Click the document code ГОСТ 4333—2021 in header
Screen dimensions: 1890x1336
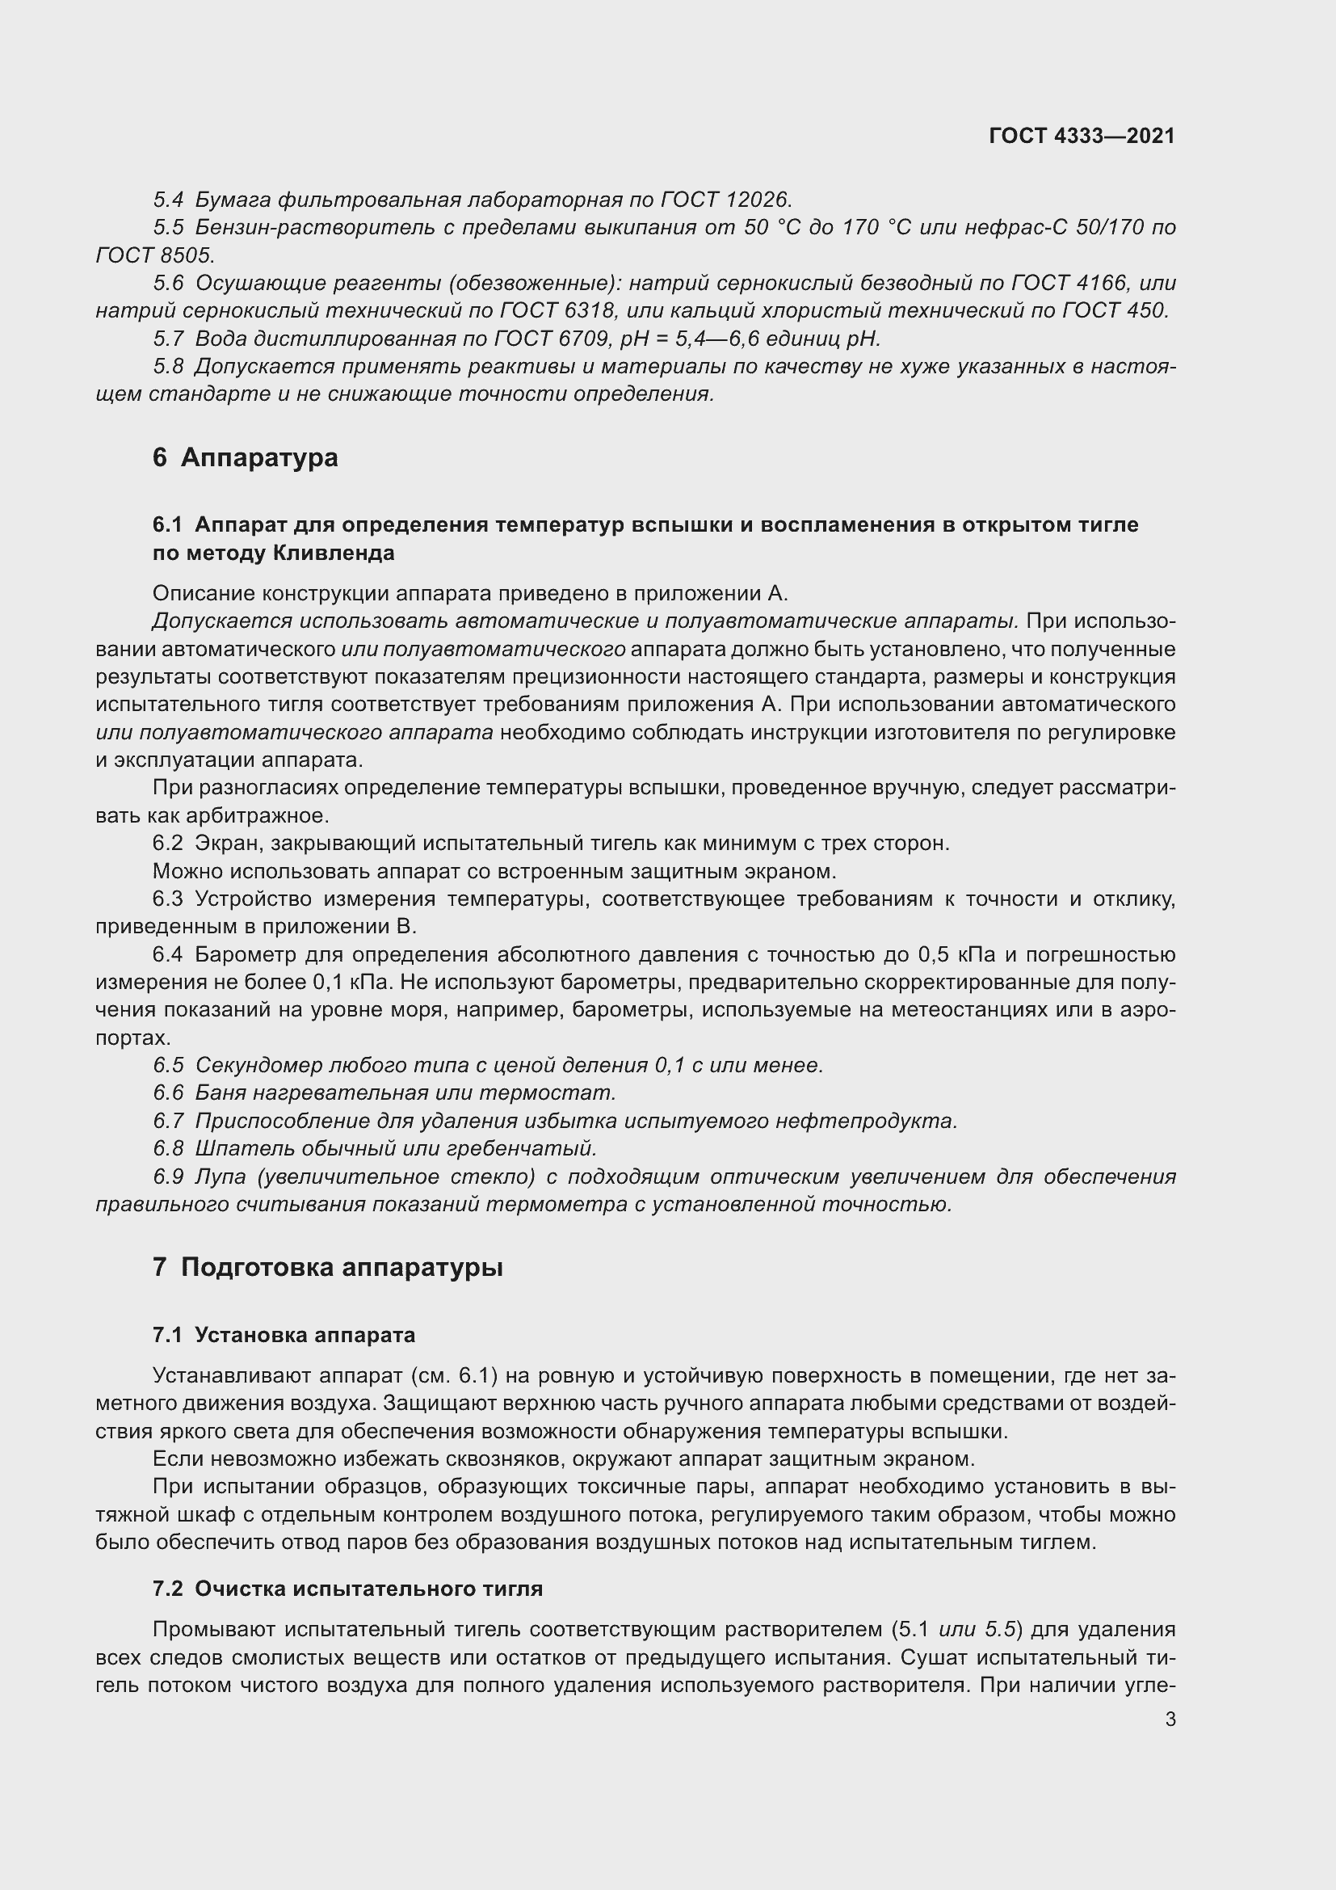click(x=1082, y=136)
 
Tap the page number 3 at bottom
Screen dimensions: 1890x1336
click(x=1170, y=1720)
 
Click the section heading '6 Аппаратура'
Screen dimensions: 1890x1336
click(x=246, y=457)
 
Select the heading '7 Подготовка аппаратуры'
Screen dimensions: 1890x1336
click(x=327, y=1267)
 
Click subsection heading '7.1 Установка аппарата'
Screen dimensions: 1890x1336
click(x=284, y=1334)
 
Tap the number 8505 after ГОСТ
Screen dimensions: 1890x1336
click(x=185, y=255)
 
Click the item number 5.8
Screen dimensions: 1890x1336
click(x=169, y=366)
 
